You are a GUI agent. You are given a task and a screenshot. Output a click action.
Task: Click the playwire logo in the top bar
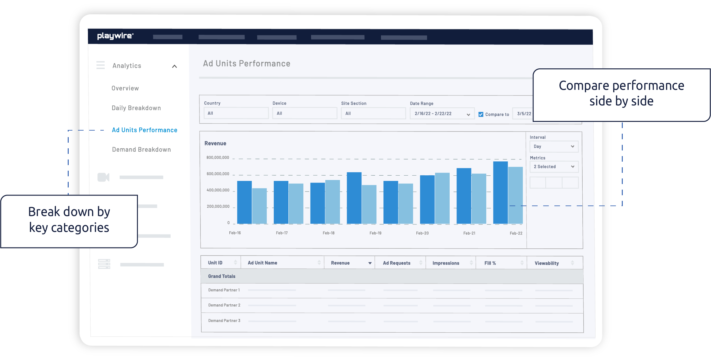(x=115, y=36)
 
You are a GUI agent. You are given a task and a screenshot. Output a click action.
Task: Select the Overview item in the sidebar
(x=125, y=88)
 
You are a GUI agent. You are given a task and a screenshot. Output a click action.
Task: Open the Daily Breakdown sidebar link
(x=136, y=108)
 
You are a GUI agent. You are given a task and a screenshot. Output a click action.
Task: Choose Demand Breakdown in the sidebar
(x=141, y=150)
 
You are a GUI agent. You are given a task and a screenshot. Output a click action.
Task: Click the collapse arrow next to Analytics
(x=174, y=66)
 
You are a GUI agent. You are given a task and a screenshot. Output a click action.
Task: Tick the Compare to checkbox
(x=481, y=114)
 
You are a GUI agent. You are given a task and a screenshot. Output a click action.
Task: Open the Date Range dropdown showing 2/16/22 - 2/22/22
(x=442, y=113)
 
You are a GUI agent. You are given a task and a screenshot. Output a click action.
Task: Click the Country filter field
(x=236, y=113)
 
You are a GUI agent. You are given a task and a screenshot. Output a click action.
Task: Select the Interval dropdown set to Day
(x=554, y=146)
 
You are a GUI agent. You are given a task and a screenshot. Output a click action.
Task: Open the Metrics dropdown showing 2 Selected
(x=554, y=167)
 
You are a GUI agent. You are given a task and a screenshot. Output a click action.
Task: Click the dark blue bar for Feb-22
(x=500, y=193)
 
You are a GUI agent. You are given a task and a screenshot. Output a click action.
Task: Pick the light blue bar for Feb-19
(x=369, y=204)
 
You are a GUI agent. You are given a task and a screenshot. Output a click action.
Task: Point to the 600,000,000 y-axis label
(x=218, y=174)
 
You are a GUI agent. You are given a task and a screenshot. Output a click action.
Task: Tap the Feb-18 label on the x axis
(x=328, y=233)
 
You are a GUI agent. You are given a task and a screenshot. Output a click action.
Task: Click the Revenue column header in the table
(x=340, y=263)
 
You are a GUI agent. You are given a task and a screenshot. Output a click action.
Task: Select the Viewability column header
(x=547, y=263)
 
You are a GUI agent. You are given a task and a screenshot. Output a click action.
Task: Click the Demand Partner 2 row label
(x=224, y=305)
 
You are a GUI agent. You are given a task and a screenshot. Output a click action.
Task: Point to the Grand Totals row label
(x=222, y=276)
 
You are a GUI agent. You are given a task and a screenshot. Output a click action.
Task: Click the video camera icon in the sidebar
(x=103, y=177)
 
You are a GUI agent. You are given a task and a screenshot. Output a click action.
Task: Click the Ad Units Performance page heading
(x=246, y=64)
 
